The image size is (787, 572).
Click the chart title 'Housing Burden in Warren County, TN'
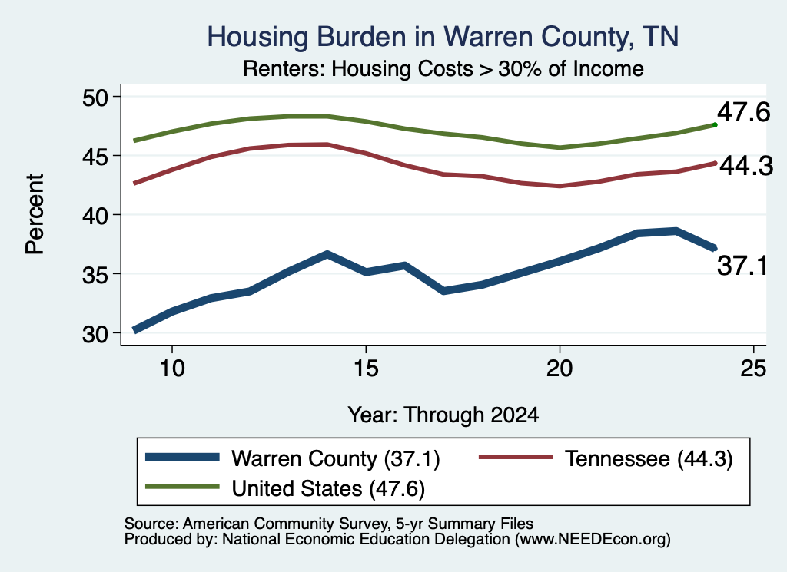[443, 37]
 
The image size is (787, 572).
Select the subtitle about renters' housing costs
[443, 68]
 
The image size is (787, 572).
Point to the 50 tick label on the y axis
[95, 98]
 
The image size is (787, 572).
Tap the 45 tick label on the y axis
[95, 157]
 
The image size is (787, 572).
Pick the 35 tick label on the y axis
[95, 275]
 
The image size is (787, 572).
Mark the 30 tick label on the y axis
[95, 334]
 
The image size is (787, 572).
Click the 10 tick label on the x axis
[172, 369]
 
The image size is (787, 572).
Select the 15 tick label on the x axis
[366, 369]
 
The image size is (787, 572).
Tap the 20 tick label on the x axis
[560, 369]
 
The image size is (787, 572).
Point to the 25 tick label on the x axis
[753, 369]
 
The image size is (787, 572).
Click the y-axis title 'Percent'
[35, 214]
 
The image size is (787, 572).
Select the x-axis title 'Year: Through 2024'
[443, 415]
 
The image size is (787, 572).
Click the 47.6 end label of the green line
[743, 112]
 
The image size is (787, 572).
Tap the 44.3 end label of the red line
[746, 165]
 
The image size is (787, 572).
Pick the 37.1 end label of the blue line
[742, 265]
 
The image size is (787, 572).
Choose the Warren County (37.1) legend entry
[293, 458]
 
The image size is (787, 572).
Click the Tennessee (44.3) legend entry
[606, 458]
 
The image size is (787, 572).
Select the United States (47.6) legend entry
[285, 488]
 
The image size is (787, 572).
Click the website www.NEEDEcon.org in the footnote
[592, 539]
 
